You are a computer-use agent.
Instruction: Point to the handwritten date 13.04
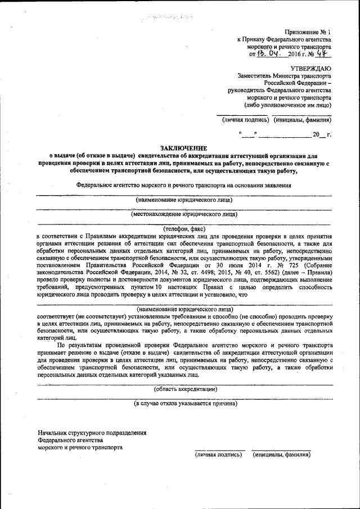coord(269,55)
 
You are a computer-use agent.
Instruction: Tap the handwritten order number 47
coord(321,55)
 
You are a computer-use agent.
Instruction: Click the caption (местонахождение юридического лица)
coord(183,214)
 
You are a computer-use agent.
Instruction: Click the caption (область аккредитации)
coord(185,389)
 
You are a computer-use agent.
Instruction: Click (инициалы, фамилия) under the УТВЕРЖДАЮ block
coord(303,120)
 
